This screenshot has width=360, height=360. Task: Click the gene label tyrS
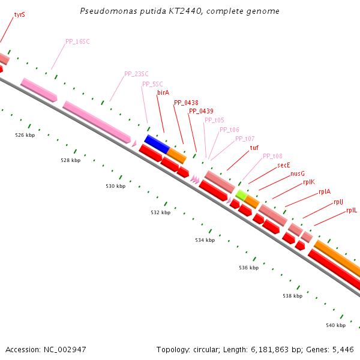19,14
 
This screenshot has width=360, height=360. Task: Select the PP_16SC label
77,42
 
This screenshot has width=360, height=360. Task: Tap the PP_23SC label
136,74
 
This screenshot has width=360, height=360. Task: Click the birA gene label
163,92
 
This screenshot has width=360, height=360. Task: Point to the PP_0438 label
186,103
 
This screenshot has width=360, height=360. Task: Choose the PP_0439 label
201,111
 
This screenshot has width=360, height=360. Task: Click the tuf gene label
254,148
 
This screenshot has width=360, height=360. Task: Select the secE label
284,165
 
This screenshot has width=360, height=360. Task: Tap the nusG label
298,173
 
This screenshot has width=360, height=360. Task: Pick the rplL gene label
352,210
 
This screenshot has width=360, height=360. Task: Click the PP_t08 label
272,156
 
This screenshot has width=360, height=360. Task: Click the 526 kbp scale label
25,136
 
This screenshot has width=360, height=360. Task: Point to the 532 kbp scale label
160,212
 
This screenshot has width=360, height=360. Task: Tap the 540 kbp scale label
336,325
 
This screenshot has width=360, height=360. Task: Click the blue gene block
157,143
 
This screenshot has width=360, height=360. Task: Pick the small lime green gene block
241,194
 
